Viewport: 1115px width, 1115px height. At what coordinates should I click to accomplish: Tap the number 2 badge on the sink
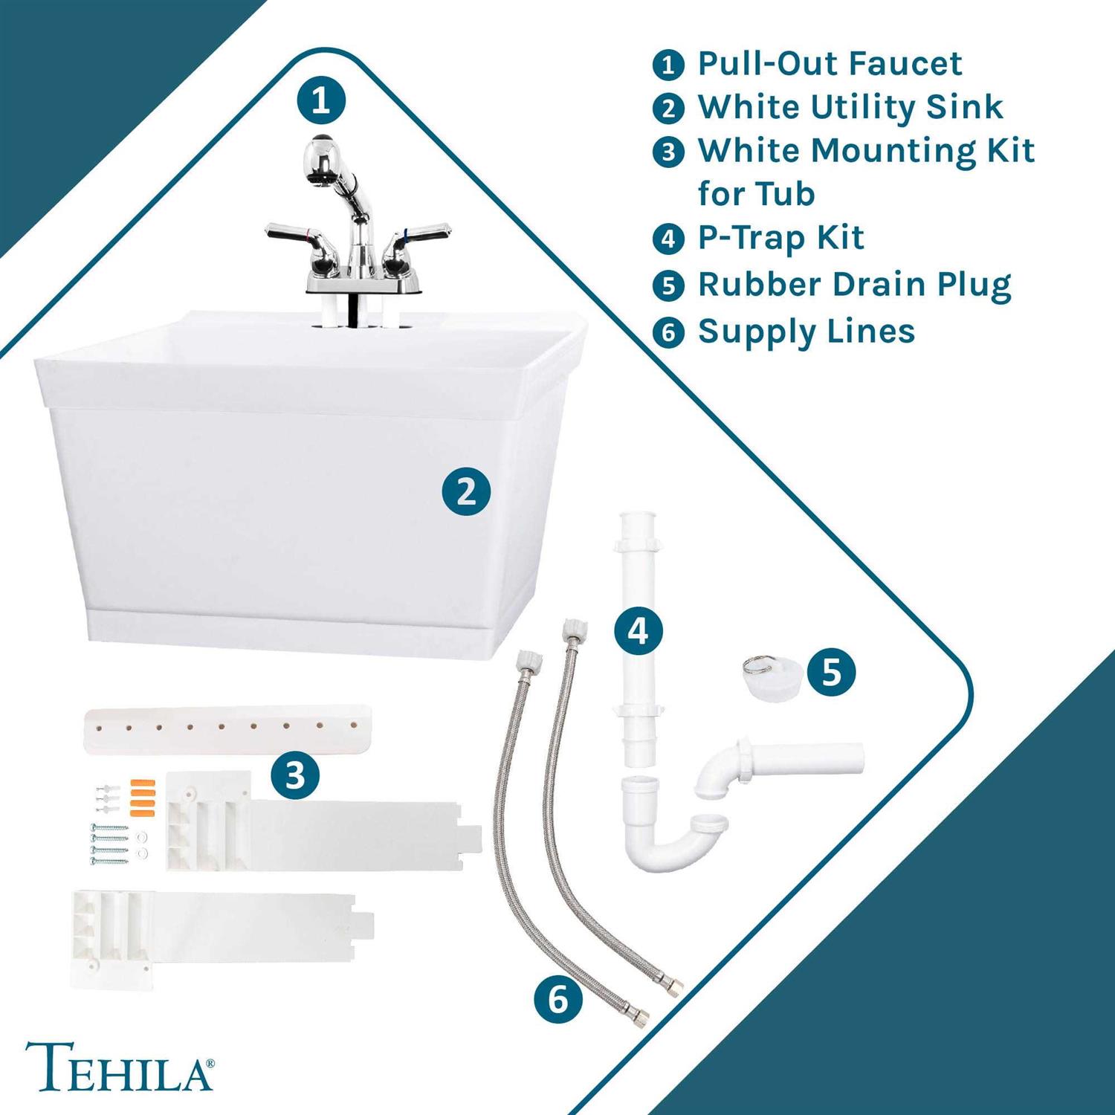coord(466,491)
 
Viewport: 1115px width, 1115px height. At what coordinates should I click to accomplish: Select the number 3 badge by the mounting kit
coord(295,775)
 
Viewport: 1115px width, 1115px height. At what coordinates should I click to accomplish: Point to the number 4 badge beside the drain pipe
coord(639,631)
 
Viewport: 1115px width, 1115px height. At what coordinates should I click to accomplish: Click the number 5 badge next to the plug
coord(831,672)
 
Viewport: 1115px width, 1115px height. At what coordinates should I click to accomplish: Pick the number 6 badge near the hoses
coord(558,1000)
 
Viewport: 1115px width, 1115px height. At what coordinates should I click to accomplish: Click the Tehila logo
coord(120,1066)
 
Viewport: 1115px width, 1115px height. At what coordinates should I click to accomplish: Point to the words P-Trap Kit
coord(780,238)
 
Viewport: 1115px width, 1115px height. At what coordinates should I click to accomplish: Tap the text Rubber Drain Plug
coord(855,285)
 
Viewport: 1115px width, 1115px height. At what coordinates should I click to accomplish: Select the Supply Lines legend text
coord(807,332)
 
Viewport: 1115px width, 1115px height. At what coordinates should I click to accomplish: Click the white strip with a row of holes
coord(228,730)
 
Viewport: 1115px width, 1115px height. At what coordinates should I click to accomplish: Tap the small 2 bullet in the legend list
coord(668,109)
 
